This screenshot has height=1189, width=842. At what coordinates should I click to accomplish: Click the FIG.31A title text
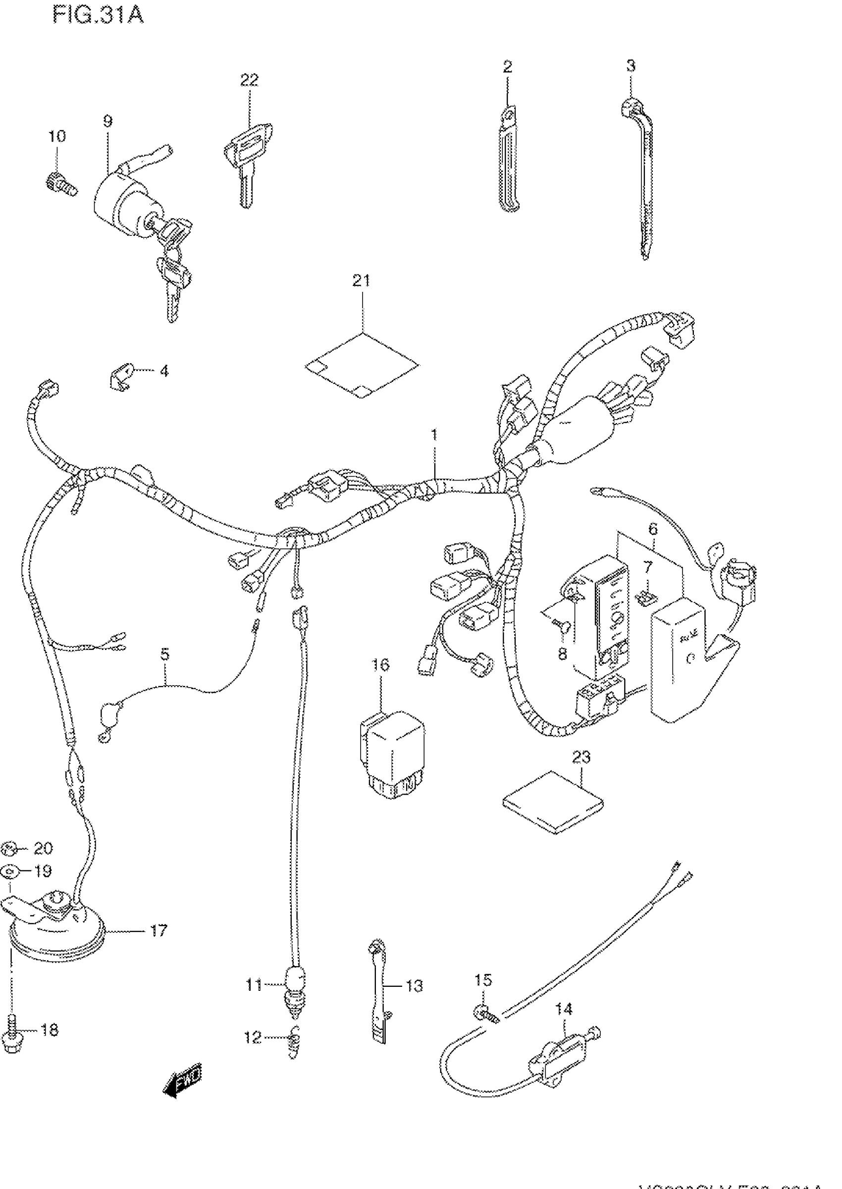(98, 15)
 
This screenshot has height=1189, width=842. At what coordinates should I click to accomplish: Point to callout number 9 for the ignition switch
(107, 121)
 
